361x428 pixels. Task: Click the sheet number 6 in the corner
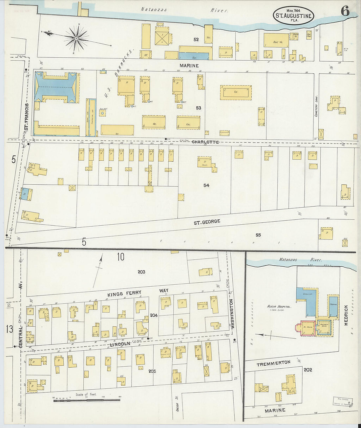[x=345, y=11]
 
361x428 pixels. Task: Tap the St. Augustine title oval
[x=294, y=15]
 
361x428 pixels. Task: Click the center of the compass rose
[x=76, y=39]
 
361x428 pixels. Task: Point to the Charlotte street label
[x=205, y=142]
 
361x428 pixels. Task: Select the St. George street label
[x=207, y=222]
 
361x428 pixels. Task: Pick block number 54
[x=206, y=185]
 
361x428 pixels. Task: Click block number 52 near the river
[x=196, y=39]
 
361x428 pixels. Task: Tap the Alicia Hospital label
[x=279, y=307]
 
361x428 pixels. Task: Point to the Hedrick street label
[x=346, y=315]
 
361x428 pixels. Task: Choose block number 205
[x=152, y=371]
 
